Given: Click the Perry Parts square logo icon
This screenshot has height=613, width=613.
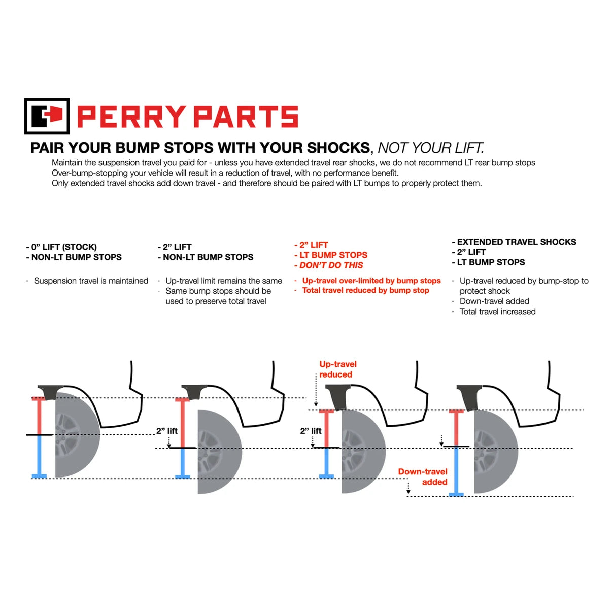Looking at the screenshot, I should pyautogui.click(x=47, y=116).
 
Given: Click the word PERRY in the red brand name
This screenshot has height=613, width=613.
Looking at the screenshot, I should pyautogui.click(x=131, y=117).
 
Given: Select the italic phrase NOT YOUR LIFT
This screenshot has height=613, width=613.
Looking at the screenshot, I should pyautogui.click(x=431, y=148).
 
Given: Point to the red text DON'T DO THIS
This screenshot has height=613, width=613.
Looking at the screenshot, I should pyautogui.click(x=331, y=265).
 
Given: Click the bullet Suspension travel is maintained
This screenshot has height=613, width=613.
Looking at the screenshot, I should pyautogui.click(x=91, y=281).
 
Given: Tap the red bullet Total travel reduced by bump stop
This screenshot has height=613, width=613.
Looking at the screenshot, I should pyautogui.click(x=365, y=291).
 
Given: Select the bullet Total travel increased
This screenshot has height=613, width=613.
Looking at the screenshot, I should pyautogui.click(x=497, y=312).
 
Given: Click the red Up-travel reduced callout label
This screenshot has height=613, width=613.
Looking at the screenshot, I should pyautogui.click(x=337, y=369).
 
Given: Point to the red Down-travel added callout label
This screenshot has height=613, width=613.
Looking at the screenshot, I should pyautogui.click(x=423, y=477).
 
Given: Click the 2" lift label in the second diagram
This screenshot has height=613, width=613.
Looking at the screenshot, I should pyautogui.click(x=166, y=431).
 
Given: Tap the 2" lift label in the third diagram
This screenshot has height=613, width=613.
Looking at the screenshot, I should pyautogui.click(x=311, y=431).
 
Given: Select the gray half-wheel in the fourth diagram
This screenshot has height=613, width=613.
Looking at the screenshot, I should pyautogui.click(x=495, y=452).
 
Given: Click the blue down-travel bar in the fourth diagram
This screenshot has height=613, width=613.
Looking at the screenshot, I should pyautogui.click(x=456, y=470).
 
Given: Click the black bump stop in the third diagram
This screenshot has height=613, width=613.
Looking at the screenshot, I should pyautogui.click(x=337, y=396).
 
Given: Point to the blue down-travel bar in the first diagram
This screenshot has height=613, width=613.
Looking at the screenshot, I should pyautogui.click(x=39, y=456).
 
